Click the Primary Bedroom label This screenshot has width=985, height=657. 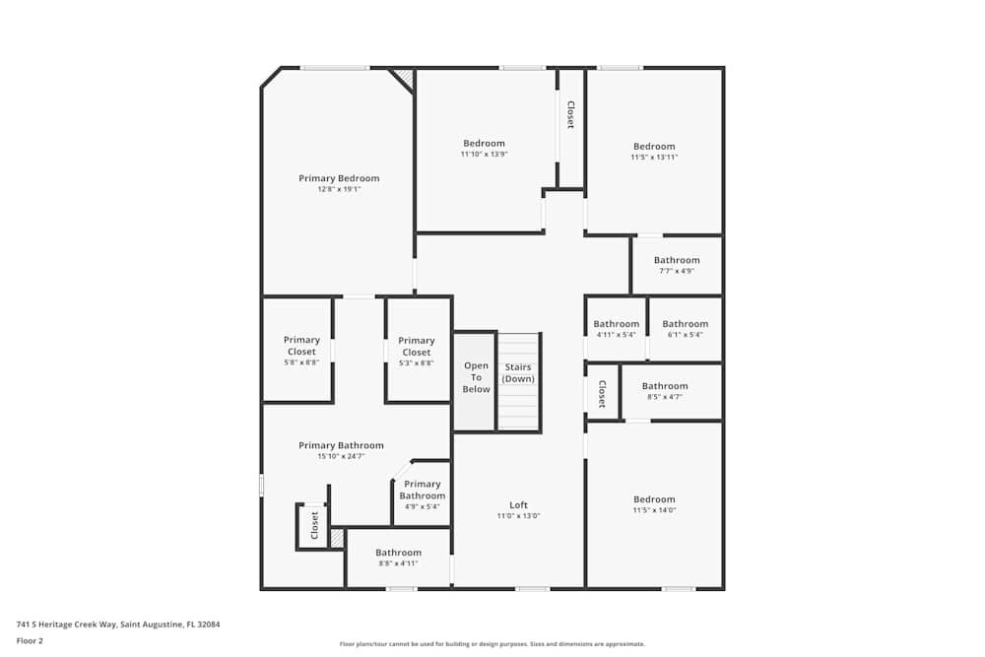[x=339, y=178]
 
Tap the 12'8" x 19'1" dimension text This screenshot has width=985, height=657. [x=339, y=189]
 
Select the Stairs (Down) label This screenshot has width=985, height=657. [x=518, y=372]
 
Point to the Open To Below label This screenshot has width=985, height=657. [x=476, y=377]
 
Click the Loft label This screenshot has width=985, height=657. [x=518, y=505]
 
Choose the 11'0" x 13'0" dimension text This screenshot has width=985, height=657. [x=518, y=516]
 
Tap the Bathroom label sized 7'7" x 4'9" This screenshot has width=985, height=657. [x=677, y=260]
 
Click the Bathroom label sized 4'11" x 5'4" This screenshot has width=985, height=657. [x=617, y=324]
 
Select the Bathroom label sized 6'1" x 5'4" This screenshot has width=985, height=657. [x=685, y=324]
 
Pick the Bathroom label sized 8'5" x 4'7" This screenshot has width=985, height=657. [x=665, y=386]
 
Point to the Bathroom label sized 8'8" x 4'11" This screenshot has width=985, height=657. [x=398, y=553]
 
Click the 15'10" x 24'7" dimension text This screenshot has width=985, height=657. [x=341, y=457]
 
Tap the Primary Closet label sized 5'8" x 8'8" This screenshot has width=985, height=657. [x=301, y=346]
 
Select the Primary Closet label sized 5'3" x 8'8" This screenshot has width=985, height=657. [x=417, y=346]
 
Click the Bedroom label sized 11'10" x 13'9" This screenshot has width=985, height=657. [x=484, y=143]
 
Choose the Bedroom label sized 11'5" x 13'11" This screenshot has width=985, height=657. [x=654, y=147]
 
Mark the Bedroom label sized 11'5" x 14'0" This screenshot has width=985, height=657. [x=654, y=500]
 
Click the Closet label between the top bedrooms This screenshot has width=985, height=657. [x=571, y=115]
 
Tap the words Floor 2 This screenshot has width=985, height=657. [x=30, y=640]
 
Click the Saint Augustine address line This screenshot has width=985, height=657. [x=118, y=624]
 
